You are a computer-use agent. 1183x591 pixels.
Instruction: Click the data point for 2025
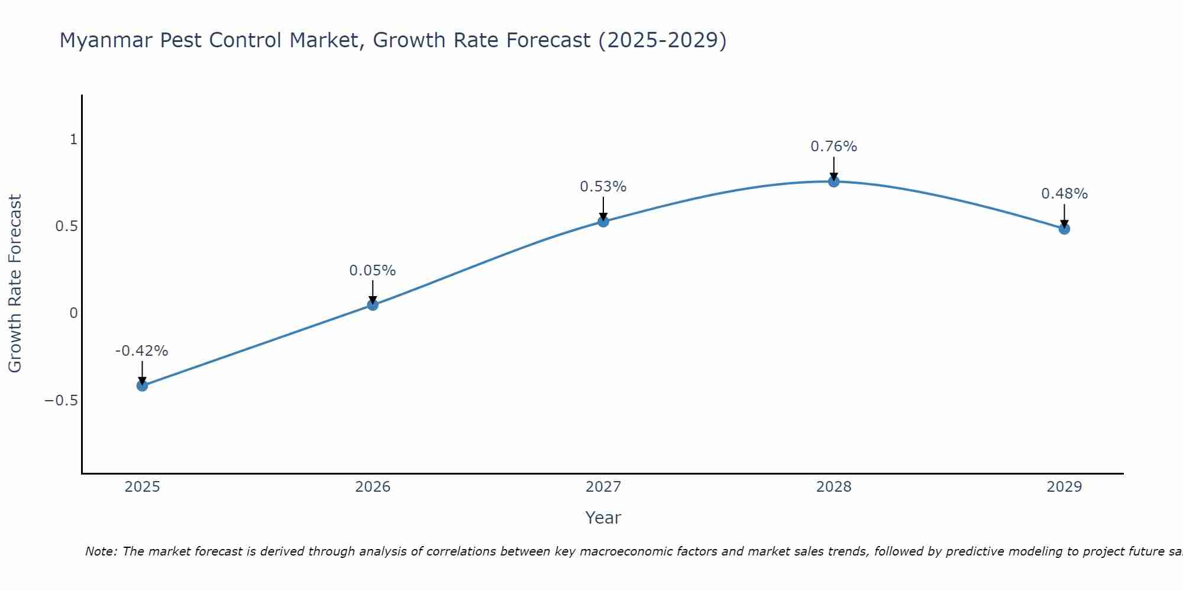click(x=142, y=385)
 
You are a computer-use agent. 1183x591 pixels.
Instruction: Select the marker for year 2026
click(x=373, y=305)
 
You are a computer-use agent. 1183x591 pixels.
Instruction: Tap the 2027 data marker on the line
click(x=603, y=222)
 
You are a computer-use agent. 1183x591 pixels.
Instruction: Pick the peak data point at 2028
click(x=833, y=181)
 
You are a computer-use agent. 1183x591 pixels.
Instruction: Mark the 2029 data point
click(x=1064, y=229)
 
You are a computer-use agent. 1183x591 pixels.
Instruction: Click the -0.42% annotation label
click(x=141, y=351)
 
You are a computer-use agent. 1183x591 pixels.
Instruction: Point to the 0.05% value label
click(x=372, y=271)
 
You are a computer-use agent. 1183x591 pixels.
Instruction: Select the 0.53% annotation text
click(x=603, y=187)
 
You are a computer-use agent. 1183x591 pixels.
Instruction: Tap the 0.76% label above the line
click(x=833, y=147)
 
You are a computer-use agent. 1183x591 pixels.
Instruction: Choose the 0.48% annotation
click(x=1064, y=194)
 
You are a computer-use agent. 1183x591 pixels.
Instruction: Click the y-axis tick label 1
click(x=74, y=139)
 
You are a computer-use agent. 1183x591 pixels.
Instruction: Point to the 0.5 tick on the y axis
click(x=66, y=226)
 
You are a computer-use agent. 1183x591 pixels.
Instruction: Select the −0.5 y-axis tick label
click(x=61, y=401)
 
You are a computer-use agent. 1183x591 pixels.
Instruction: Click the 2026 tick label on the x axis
click(x=373, y=487)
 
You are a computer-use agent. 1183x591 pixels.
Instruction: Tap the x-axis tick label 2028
click(x=833, y=487)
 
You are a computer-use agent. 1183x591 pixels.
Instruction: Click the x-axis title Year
click(x=603, y=518)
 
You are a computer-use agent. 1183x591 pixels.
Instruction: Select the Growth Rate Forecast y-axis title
click(x=15, y=284)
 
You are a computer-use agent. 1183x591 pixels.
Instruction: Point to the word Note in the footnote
click(x=101, y=551)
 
